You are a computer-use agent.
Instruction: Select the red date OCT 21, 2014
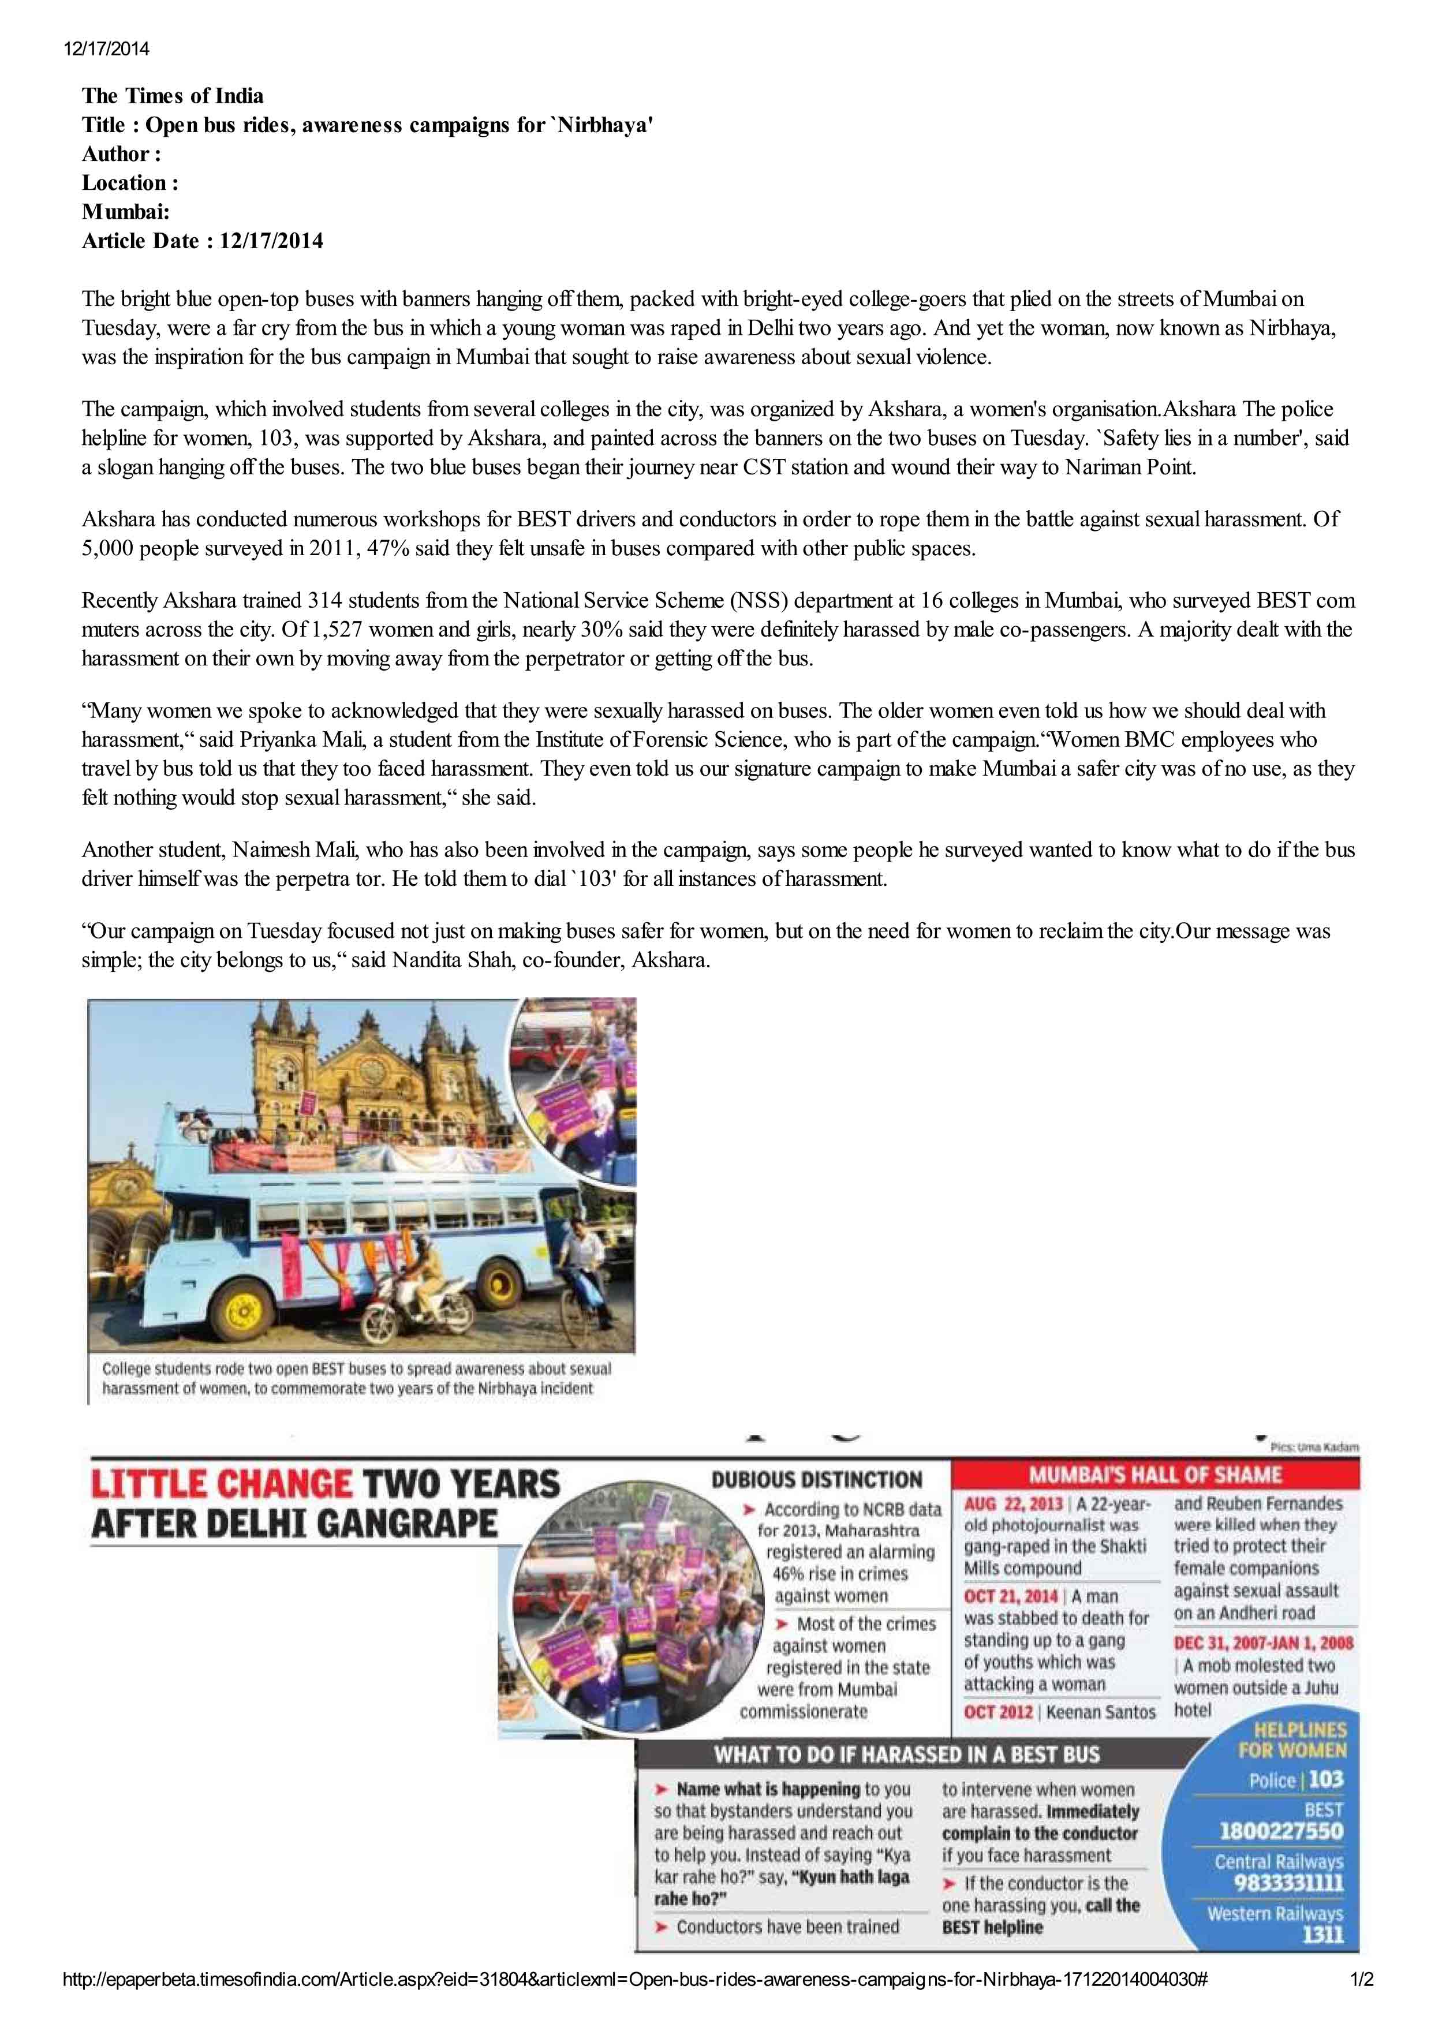(1010, 1596)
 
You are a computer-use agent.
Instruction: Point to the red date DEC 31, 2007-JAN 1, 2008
(1262, 1643)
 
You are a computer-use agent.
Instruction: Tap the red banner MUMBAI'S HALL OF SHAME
(1155, 1475)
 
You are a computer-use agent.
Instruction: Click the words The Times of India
(173, 95)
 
